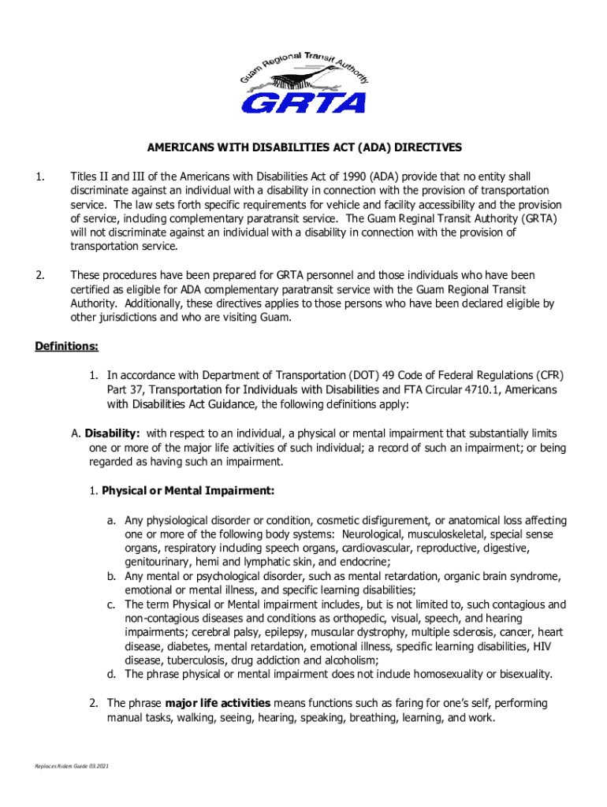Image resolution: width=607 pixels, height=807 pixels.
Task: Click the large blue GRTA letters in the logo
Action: pos(303,103)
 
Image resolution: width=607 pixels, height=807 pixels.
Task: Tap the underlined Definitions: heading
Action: pos(67,347)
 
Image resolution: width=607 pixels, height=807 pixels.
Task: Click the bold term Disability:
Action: pos(113,433)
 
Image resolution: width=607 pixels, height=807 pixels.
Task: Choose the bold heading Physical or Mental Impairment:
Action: pos(188,491)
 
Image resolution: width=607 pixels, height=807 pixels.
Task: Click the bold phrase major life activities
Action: pos(218,702)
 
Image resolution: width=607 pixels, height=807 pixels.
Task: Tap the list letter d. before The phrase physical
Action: pos(113,674)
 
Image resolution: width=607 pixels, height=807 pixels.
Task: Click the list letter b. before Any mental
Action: pos(113,576)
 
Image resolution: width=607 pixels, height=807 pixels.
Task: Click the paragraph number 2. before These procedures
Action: pos(39,275)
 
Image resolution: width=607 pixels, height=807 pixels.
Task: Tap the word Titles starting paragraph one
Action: pos(85,176)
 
